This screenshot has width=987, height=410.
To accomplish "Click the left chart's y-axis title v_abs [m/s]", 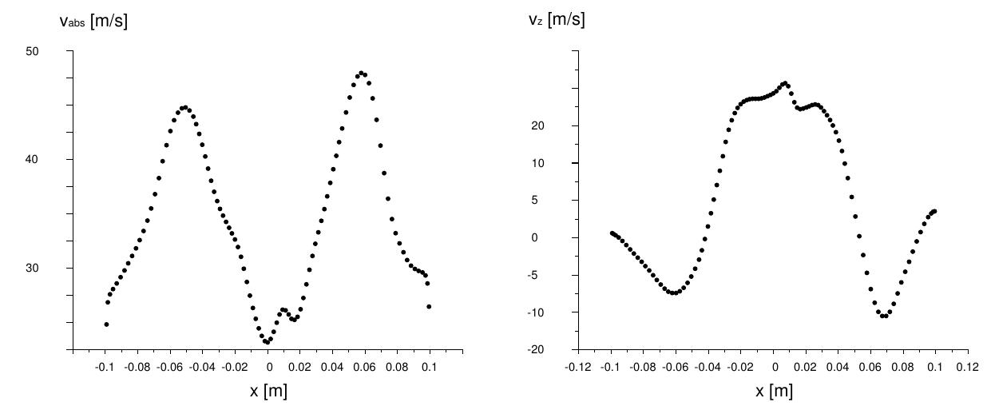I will [93, 22].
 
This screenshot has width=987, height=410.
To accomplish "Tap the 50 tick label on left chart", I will [54, 51].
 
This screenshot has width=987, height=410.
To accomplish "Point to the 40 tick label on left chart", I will [54, 160].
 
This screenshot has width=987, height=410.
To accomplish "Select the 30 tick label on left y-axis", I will [54, 268].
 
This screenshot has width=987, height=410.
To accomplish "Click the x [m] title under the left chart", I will [268, 391].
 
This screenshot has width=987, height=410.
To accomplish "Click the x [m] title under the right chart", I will [774, 391].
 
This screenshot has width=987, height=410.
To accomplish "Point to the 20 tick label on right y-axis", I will [561, 125].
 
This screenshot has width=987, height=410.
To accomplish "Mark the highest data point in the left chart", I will [362, 74].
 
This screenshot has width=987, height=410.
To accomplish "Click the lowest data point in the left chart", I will [268, 342].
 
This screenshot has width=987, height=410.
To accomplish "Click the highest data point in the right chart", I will [785, 83].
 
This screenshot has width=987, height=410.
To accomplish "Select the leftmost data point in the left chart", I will [106, 324].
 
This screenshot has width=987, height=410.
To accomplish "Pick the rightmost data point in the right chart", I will [934, 211].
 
